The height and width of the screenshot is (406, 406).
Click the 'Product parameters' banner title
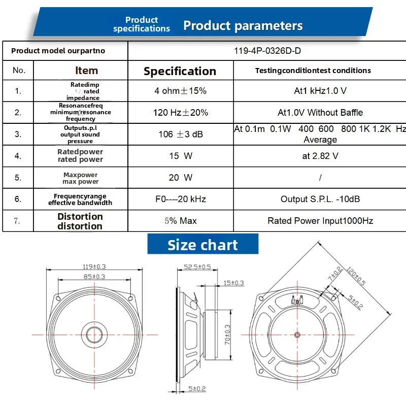pyautogui.click(x=243, y=26)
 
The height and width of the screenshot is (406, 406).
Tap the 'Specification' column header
pyautogui.click(x=180, y=71)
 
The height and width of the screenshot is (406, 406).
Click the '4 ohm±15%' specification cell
pyautogui.click(x=180, y=91)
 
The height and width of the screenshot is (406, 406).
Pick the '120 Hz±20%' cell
pyautogui.click(x=180, y=112)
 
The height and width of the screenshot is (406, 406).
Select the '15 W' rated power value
pyautogui.click(x=180, y=156)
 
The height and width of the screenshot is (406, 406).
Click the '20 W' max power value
pyautogui.click(x=180, y=178)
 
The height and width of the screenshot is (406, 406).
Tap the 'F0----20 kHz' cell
pyautogui.click(x=180, y=199)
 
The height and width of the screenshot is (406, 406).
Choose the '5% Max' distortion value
pyautogui.click(x=180, y=221)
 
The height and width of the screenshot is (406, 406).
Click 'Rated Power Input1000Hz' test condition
pyautogui.click(x=320, y=221)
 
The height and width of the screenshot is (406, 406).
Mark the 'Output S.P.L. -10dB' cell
pyautogui.click(x=320, y=199)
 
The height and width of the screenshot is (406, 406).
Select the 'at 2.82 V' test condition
pyautogui.click(x=320, y=156)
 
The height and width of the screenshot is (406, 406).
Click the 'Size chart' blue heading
pyautogui.click(x=202, y=245)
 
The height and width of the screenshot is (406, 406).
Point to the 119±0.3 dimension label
pyautogui.click(x=94, y=266)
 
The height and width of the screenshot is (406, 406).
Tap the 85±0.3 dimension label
pyautogui.click(x=94, y=277)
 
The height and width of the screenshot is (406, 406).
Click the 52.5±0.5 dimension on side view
pyautogui.click(x=197, y=266)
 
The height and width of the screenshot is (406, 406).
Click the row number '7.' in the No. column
pyautogui.click(x=18, y=221)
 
